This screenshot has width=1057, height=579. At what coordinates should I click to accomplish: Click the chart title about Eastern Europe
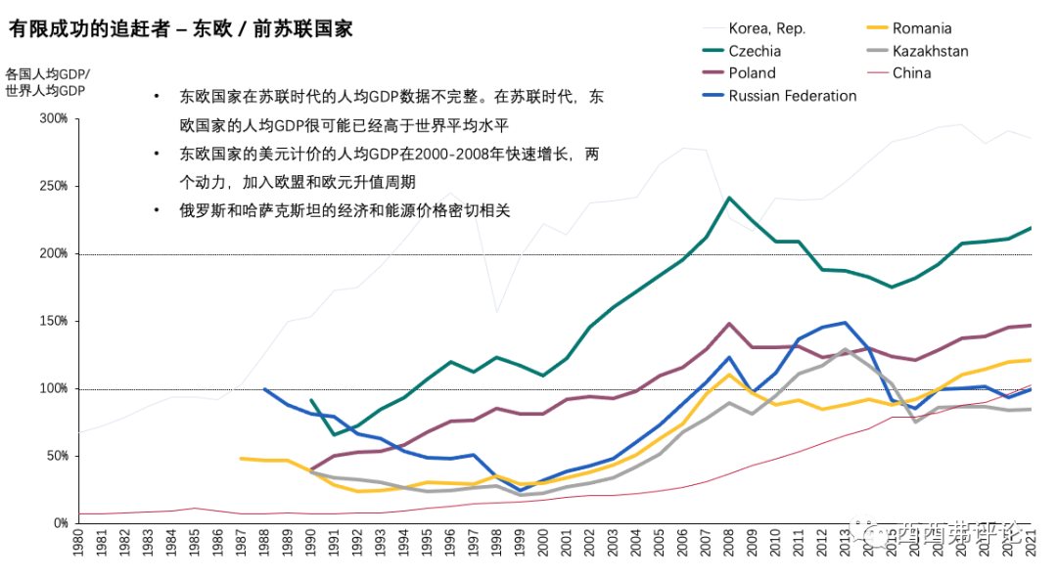click(180, 29)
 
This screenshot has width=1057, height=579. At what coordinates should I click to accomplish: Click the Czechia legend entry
click(755, 51)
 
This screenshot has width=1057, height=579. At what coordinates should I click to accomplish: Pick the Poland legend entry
click(752, 73)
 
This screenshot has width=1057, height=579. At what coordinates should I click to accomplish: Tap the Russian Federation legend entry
click(792, 96)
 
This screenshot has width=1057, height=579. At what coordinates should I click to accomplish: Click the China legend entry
click(911, 73)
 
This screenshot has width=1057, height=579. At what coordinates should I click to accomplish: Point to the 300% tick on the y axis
click(53, 118)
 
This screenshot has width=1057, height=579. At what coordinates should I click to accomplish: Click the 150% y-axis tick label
click(53, 321)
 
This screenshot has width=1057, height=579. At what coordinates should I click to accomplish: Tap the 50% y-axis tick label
click(56, 456)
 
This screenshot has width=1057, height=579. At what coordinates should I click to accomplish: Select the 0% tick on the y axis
click(59, 523)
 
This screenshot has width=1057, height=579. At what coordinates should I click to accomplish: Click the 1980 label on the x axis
click(79, 544)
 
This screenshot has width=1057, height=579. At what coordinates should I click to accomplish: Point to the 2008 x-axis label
click(729, 544)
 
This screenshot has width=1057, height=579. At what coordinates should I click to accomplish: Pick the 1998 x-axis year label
click(497, 544)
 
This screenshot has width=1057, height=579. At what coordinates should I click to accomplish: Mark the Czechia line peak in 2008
click(729, 198)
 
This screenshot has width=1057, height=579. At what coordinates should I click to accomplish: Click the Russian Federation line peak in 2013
click(844, 322)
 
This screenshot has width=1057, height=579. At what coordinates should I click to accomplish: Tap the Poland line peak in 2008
click(729, 324)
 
